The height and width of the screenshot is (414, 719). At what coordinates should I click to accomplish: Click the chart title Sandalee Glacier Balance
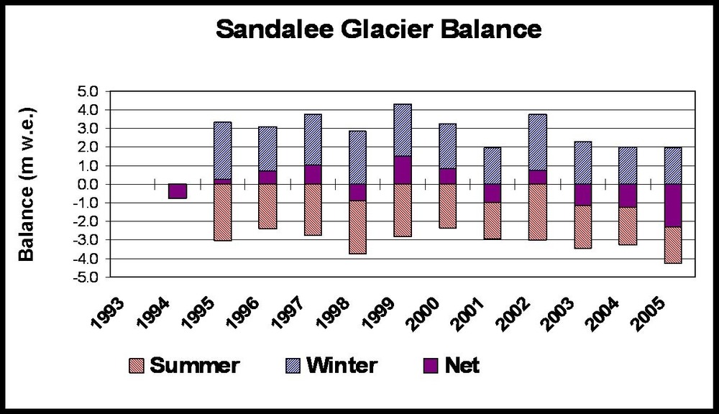click(377, 30)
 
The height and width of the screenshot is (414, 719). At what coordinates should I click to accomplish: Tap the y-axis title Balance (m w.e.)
click(27, 184)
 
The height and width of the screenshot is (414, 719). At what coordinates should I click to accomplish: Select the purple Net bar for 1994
click(178, 191)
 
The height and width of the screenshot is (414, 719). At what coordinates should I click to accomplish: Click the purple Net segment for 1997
click(313, 175)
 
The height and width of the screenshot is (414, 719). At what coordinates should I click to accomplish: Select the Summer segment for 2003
click(583, 227)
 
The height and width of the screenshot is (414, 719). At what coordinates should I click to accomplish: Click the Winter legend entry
click(327, 365)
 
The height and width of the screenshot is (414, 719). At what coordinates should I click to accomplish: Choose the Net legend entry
click(449, 365)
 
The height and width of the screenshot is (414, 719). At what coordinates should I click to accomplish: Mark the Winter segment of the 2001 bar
click(493, 165)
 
